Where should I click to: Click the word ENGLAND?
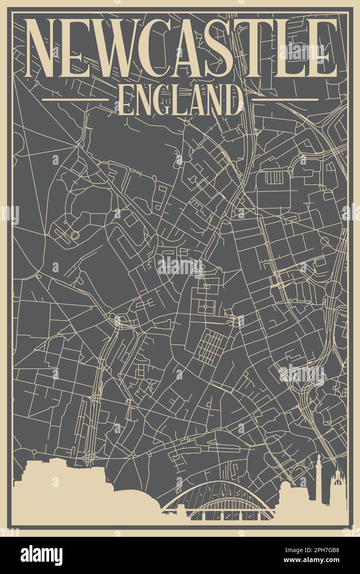(180, 100)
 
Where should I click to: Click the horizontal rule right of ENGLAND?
(285, 100)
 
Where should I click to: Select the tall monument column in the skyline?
(319, 479)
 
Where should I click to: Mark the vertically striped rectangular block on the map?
(273, 178)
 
